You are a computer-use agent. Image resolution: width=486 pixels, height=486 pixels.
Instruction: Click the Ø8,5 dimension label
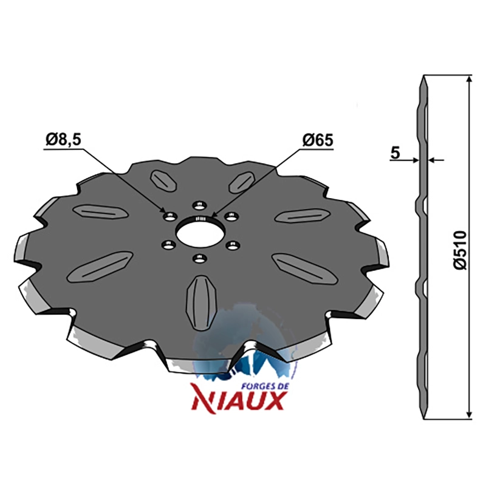63,140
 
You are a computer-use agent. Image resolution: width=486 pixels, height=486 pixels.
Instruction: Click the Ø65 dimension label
318,140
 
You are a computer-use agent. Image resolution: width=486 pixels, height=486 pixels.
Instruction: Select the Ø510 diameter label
460,250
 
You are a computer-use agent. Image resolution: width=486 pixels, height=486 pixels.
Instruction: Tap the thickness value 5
395,153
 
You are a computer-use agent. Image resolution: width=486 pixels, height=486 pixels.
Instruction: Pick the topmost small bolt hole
199,205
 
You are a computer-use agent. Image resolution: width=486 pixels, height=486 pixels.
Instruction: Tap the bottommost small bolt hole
199,258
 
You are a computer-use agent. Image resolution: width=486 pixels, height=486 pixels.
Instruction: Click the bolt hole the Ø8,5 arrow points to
169,216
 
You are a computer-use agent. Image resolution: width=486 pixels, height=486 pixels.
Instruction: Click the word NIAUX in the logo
238,400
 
